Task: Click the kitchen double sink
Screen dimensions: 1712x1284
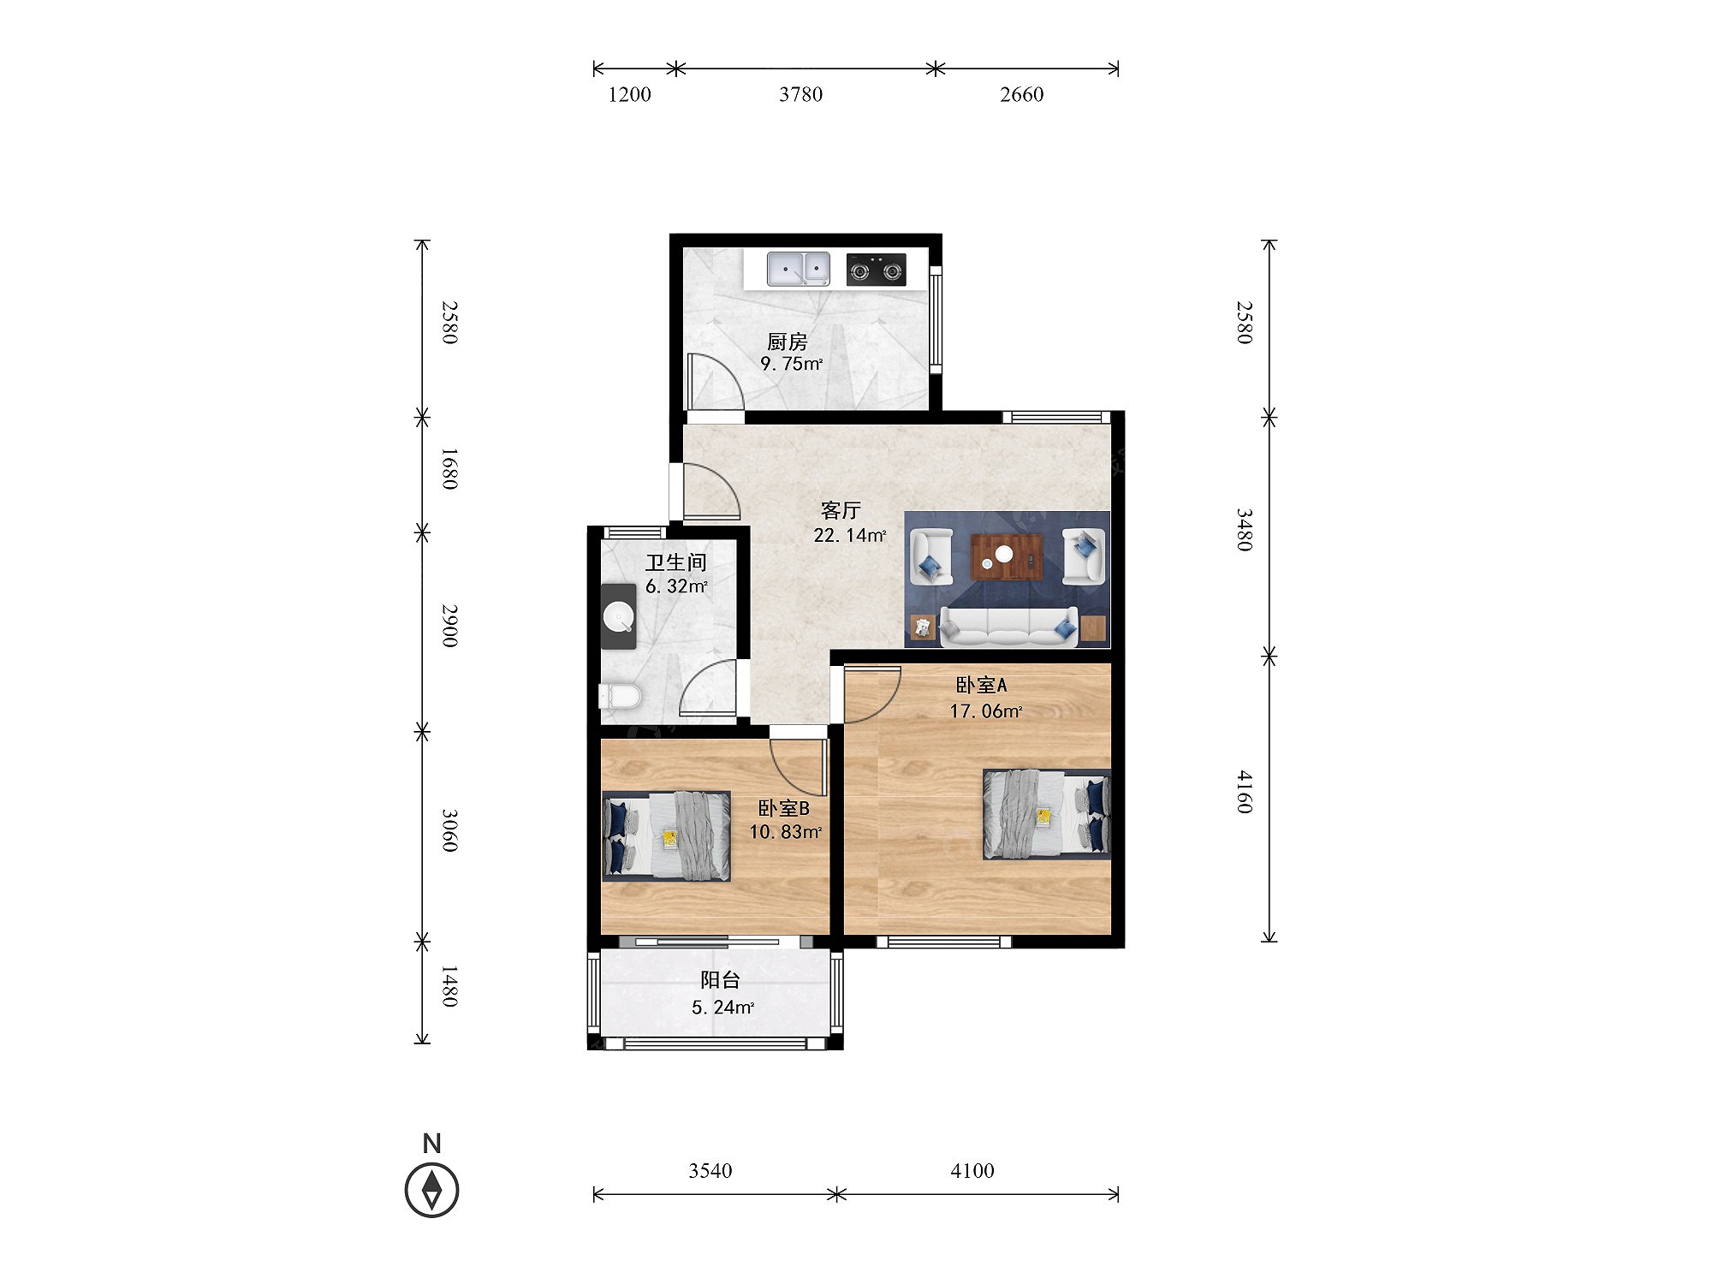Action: point(798,269)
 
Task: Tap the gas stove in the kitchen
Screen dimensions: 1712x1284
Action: point(877,270)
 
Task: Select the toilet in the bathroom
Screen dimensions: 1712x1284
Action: point(619,696)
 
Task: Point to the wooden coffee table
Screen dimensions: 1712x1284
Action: point(1007,556)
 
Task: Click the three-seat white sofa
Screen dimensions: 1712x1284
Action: point(1008,627)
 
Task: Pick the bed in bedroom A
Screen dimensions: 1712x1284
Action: point(1046,814)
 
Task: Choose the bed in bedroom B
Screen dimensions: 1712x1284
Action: point(667,836)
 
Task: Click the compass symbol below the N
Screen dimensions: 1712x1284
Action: point(432,1190)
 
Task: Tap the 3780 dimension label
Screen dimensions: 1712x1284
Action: point(800,94)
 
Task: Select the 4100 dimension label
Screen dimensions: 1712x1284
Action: point(972,1170)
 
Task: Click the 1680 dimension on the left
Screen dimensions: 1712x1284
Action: point(449,469)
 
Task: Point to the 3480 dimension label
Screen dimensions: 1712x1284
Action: point(1244,531)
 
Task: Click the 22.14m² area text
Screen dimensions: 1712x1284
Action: point(850,536)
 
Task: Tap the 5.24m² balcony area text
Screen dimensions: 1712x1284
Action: point(723,1008)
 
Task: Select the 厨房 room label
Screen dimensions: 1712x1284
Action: point(788,342)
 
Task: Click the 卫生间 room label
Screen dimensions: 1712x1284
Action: point(676,562)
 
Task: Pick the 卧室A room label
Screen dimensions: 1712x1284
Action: point(982,685)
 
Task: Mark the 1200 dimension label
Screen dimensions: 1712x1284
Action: point(629,94)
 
